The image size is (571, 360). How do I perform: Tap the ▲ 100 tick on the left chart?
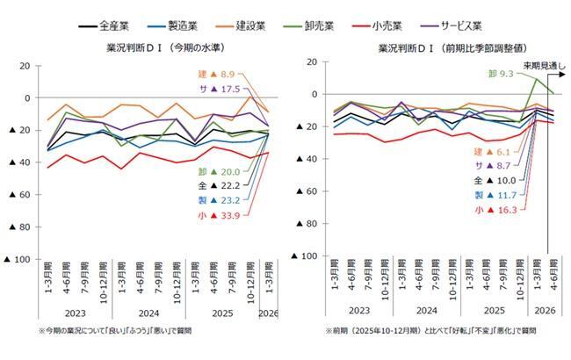coord(18,259)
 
